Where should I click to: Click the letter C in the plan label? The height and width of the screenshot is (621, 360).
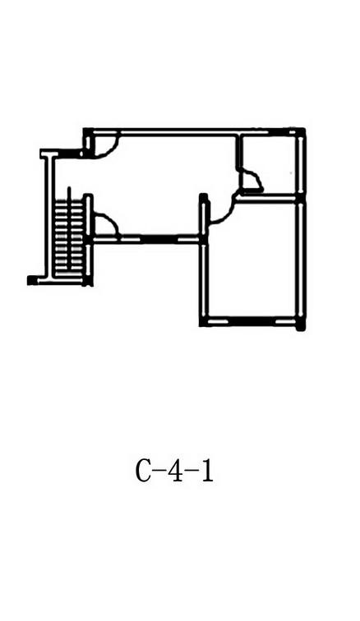coord(143,471)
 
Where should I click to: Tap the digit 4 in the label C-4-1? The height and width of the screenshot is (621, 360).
coord(173,471)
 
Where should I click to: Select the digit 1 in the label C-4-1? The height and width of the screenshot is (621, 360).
coord(207,471)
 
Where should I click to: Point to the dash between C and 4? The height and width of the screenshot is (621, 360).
coord(158,471)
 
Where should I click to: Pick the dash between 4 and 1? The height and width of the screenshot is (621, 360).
coord(192,471)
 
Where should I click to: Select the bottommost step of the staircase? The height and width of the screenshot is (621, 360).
coord(69,274)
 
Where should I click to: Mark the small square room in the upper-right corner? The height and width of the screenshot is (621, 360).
coord(268,164)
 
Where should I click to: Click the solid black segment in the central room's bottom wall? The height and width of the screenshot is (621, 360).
coord(159,239)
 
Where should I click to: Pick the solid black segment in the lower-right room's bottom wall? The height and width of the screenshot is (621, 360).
coord(252,320)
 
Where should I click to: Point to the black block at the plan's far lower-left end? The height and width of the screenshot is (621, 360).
coord(32,280)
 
